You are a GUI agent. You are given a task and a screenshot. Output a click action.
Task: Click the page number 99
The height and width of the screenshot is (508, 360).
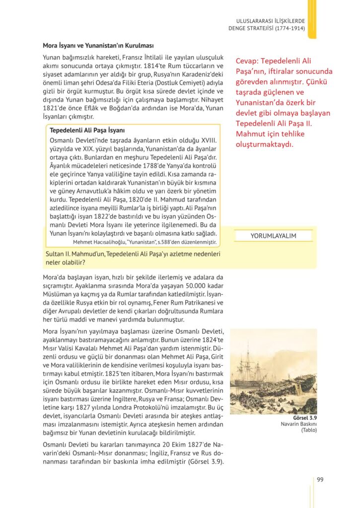click(x=320, y=479)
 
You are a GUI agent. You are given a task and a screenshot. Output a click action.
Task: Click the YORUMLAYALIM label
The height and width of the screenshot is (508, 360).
click(x=273, y=236)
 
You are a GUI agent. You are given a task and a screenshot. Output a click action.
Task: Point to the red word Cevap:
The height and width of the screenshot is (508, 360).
click(x=249, y=61)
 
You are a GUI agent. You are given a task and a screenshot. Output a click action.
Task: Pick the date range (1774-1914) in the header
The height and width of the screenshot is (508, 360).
click(x=288, y=28)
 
